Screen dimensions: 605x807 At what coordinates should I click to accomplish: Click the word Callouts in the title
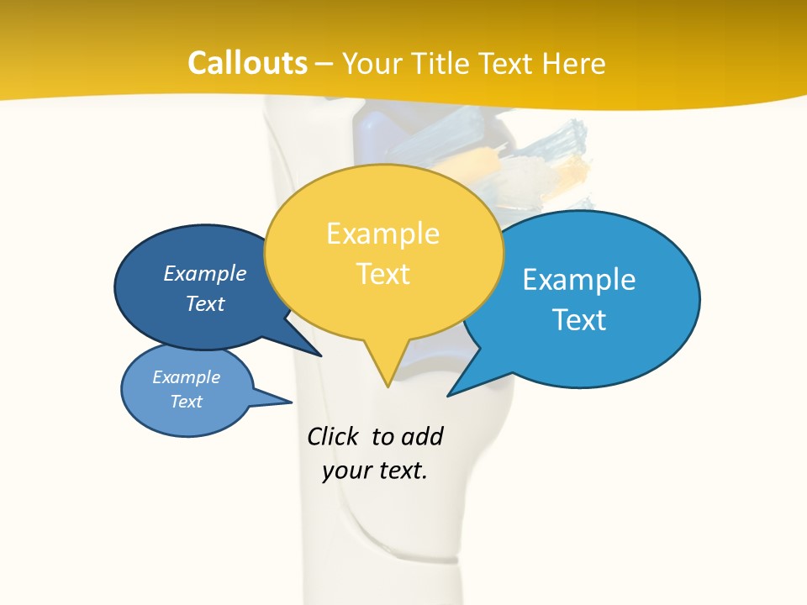(x=247, y=63)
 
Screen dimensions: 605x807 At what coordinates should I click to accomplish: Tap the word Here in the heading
(x=574, y=63)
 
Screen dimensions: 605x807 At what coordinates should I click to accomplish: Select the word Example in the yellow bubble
(x=382, y=234)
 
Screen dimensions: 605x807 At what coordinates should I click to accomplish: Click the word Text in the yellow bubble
(x=383, y=274)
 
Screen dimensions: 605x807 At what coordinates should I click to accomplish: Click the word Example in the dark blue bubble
(x=205, y=273)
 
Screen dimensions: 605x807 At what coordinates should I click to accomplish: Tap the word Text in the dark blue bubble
(x=205, y=303)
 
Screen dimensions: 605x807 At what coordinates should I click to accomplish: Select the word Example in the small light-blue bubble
(x=187, y=377)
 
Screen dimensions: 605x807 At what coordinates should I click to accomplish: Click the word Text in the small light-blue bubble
(x=187, y=402)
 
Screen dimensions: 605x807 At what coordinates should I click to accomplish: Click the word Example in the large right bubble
(x=579, y=279)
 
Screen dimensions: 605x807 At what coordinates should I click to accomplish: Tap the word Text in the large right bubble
(x=579, y=320)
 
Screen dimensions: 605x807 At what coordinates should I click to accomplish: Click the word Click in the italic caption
(x=333, y=436)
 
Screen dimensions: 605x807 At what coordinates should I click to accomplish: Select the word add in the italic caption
(x=422, y=436)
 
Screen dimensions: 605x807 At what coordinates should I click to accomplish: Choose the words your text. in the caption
(x=375, y=471)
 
